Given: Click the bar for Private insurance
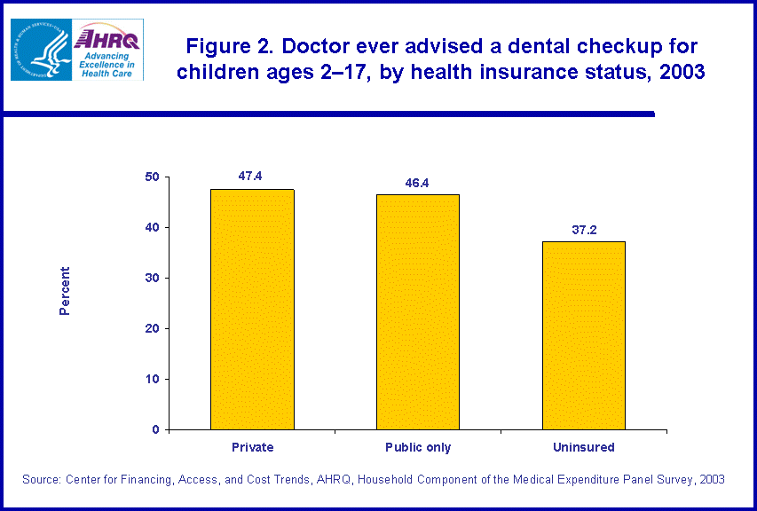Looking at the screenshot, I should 252,310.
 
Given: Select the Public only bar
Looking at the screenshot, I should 417,312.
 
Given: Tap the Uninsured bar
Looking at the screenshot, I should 583,335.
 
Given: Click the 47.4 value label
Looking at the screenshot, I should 250,176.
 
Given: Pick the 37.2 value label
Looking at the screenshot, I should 584,230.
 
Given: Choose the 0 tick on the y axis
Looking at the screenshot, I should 155,430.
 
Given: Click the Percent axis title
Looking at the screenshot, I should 65,291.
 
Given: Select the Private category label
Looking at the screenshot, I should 252,447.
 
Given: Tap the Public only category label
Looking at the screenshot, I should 417,447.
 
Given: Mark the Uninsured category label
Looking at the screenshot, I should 583,447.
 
